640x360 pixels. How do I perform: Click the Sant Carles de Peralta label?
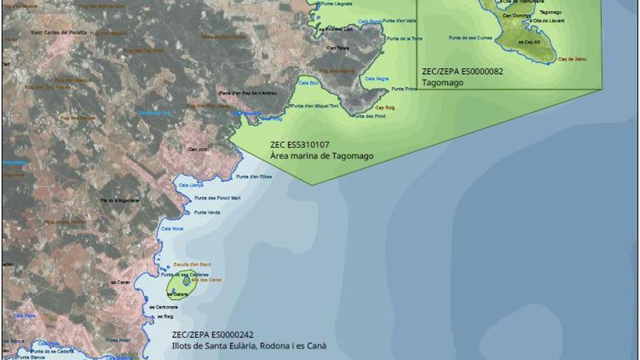58,33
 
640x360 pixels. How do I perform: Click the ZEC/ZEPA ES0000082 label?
463,71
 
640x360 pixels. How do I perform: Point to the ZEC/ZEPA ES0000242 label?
212,335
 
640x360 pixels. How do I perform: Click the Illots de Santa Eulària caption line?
249,345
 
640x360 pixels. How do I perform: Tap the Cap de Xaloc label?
573,59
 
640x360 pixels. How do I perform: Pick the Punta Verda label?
207,212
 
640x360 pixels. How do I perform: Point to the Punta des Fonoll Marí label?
217,198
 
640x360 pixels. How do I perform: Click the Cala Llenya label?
191,185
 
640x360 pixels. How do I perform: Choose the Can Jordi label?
198,149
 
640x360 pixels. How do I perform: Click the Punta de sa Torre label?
404,38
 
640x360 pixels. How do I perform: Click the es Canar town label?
118,281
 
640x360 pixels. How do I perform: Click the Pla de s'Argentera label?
120,199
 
